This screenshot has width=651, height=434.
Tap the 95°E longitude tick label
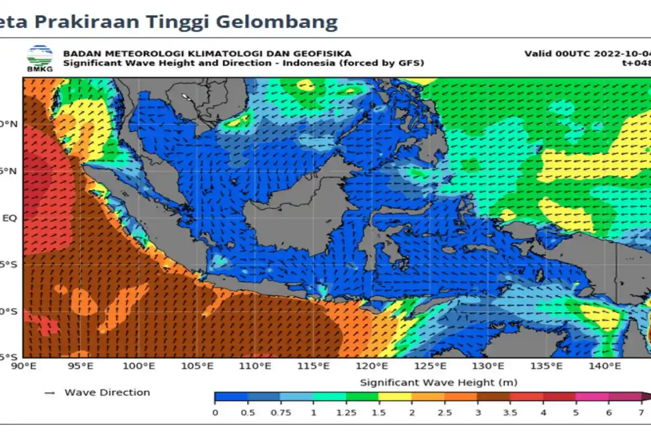[x=81, y=367]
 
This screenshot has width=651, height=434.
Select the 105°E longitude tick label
[x=197, y=367]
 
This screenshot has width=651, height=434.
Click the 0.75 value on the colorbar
[x=280, y=412]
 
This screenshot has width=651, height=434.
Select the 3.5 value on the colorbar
[x=510, y=412]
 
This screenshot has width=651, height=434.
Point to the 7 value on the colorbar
[x=641, y=412]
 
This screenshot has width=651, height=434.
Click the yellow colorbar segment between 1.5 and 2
[x=395, y=397]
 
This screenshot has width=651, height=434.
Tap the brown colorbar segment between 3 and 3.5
[x=494, y=397]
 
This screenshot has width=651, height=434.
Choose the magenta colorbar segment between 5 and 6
[x=592, y=397]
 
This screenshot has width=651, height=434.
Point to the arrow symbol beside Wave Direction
[x=50, y=393]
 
